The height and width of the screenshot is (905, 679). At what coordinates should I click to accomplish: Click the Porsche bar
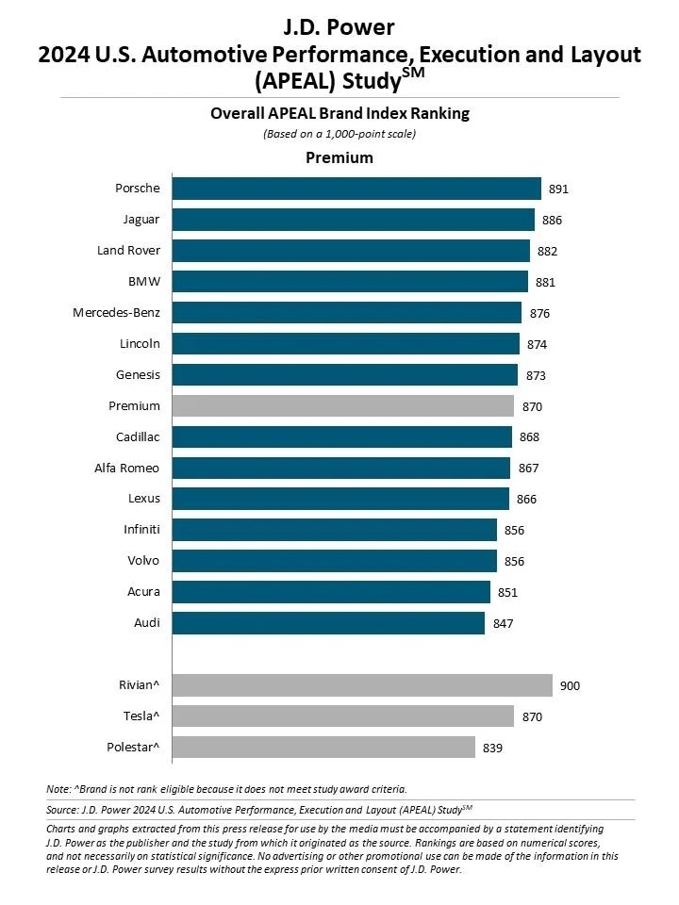click(356, 189)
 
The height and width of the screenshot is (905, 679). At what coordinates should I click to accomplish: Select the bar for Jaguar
click(353, 220)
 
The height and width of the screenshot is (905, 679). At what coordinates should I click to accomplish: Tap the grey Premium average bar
click(342, 406)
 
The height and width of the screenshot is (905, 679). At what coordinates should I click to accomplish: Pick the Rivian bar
click(362, 685)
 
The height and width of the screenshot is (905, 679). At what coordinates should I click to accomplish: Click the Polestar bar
click(323, 748)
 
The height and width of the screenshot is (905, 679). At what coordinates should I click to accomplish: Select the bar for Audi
click(328, 623)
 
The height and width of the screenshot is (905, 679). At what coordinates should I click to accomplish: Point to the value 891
click(558, 189)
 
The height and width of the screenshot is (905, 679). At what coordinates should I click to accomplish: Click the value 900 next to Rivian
click(570, 686)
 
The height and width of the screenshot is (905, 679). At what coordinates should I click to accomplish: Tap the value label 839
click(492, 749)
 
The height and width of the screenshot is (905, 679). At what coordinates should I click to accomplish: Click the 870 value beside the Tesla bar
click(532, 717)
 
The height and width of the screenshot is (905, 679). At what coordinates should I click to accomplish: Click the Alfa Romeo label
click(127, 468)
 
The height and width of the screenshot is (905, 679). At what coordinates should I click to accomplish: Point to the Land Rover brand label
click(128, 251)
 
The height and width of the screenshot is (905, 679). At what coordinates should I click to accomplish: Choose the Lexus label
click(144, 499)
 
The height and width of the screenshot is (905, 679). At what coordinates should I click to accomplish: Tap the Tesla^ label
click(141, 716)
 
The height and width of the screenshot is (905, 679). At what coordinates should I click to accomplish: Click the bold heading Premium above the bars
click(339, 157)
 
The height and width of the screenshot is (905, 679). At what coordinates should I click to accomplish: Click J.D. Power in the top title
click(339, 27)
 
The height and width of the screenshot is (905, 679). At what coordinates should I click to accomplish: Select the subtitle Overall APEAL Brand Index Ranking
click(339, 114)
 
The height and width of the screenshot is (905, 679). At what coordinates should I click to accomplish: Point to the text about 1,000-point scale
click(339, 134)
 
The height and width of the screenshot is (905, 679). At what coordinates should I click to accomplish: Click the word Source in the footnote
click(60, 810)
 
